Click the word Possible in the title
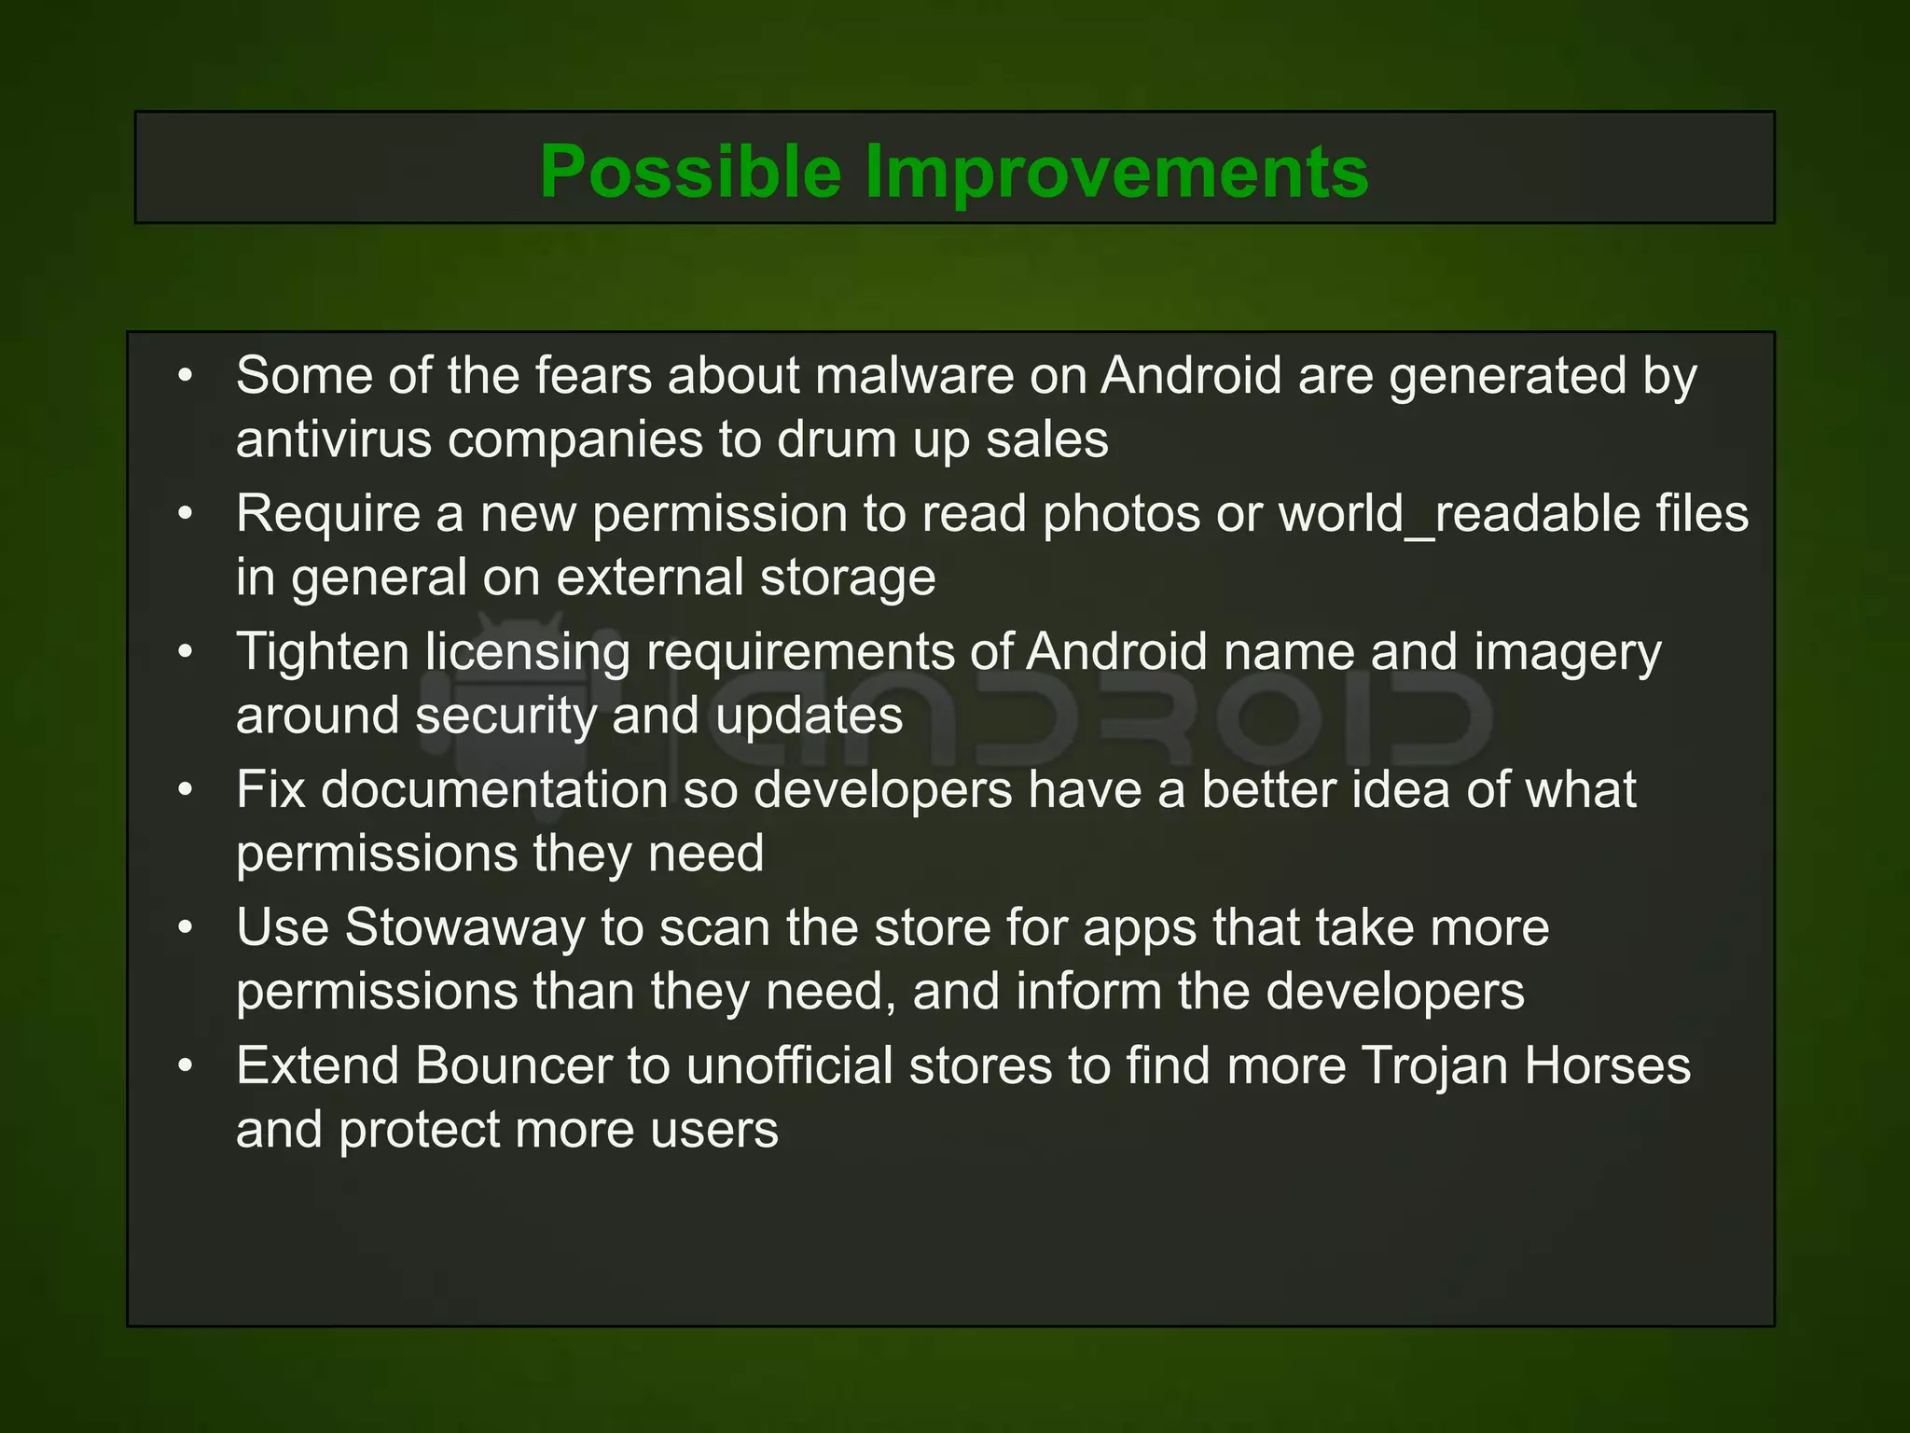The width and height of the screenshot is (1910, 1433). (690, 173)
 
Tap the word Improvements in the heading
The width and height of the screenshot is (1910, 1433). (1116, 173)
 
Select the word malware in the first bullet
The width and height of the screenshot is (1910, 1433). (914, 376)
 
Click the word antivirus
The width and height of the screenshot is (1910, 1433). (334, 439)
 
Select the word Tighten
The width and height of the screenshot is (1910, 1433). (323, 652)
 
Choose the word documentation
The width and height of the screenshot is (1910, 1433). (494, 790)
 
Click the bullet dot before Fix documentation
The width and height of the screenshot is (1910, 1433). (186, 790)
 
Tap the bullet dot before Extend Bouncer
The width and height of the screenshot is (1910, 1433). (186, 1065)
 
